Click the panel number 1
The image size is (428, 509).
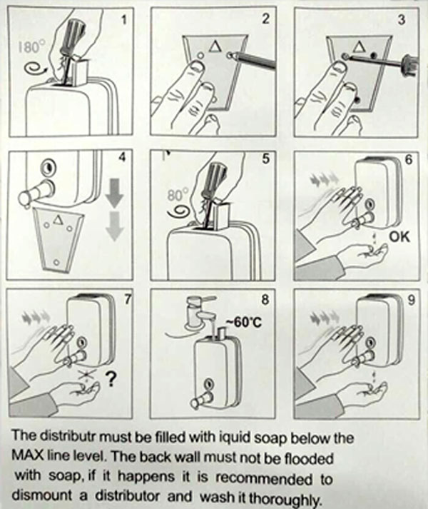(x=123, y=20)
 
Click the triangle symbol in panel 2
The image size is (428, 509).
(x=215, y=46)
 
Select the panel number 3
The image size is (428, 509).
(x=402, y=20)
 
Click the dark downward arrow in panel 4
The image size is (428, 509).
(x=115, y=193)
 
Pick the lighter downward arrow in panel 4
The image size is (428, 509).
(x=115, y=226)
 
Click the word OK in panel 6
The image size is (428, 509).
(x=399, y=236)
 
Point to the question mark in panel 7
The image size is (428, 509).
(x=111, y=379)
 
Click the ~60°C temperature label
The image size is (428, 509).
(x=244, y=323)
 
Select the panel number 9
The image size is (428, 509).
(x=411, y=301)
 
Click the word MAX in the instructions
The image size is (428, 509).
(x=26, y=456)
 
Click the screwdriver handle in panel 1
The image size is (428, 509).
(x=76, y=32)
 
